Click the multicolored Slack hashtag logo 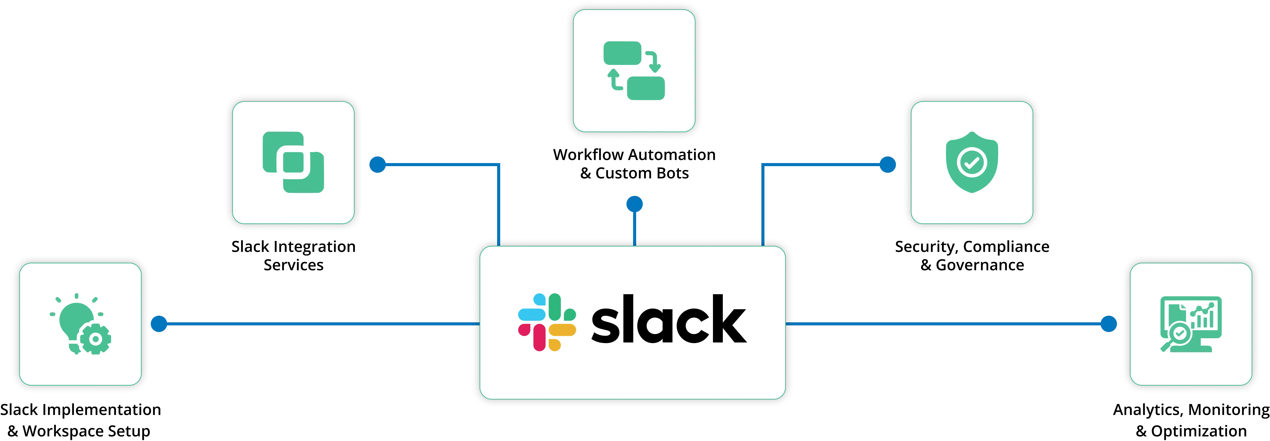[x=547, y=322]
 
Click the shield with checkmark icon [x=972, y=162]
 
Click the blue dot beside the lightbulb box [x=159, y=324]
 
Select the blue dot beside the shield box [x=887, y=165]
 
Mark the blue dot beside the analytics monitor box [x=1109, y=324]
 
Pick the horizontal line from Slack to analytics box [x=947, y=324]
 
